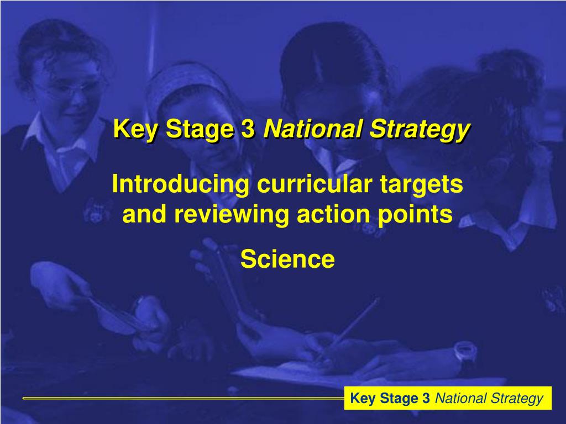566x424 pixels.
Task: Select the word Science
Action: pos(287,259)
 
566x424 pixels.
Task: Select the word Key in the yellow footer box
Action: pos(362,398)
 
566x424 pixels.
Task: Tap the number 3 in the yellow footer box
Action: pos(426,398)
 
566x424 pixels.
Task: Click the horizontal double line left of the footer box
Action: pos(182,397)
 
